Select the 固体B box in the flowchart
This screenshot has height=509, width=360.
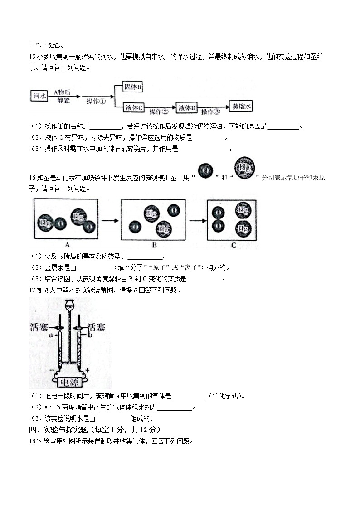pyautogui.click(x=133, y=87)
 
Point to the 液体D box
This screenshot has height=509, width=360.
pyautogui.click(x=187, y=107)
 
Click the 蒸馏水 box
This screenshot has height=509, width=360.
pyautogui.click(x=242, y=106)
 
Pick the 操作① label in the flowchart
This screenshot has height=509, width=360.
pyautogui.click(x=97, y=102)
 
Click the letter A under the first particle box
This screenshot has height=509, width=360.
pyautogui.click(x=66, y=245)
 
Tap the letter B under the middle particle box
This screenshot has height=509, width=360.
pyautogui.click(x=154, y=245)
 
